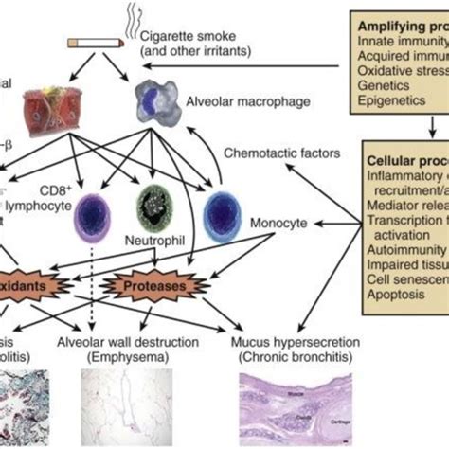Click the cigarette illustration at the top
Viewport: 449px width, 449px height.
(x=96, y=44)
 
